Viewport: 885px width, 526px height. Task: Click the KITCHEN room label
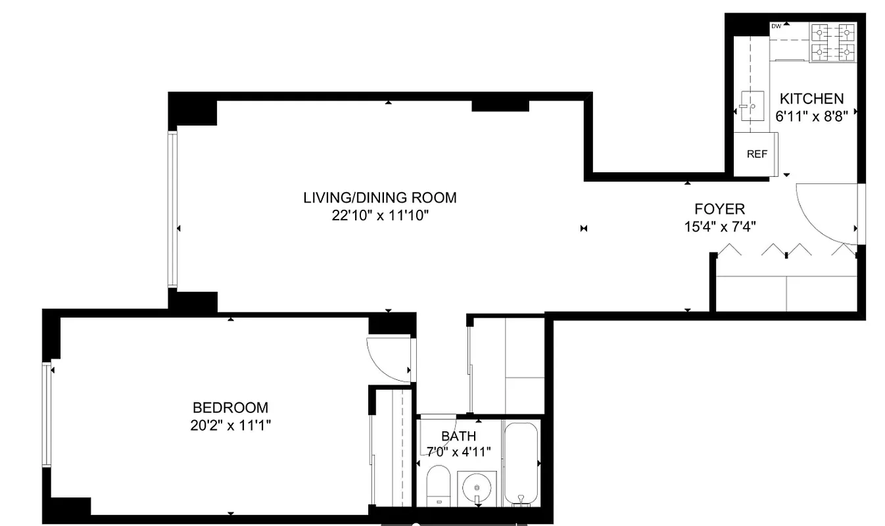pos(811,99)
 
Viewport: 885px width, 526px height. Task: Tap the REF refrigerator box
pos(757,155)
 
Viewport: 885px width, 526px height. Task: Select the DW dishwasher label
pos(776,26)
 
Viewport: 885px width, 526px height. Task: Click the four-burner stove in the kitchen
pos(832,41)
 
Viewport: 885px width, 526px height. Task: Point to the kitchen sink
pos(750,105)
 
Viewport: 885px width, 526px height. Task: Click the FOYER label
pos(719,209)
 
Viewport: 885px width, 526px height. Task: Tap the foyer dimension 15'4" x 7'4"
pos(719,227)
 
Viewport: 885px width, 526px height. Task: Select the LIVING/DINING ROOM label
pos(379,197)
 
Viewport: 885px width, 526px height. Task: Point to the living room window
pos(172,209)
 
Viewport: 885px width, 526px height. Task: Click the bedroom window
pos(47,414)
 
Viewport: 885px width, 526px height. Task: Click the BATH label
pos(458,436)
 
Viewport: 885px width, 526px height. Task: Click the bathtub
pos(521,464)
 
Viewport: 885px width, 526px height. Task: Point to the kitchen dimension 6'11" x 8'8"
pos(811,116)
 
